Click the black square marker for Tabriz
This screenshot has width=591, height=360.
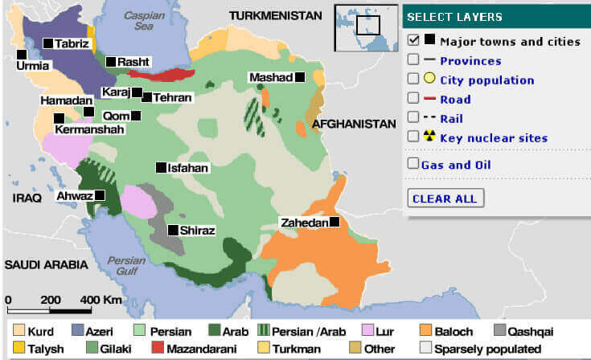(49, 42)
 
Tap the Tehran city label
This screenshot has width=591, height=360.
(173, 97)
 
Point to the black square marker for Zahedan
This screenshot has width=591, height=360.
(334, 222)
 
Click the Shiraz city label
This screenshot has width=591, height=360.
(198, 231)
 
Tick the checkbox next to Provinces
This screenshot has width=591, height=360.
(413, 59)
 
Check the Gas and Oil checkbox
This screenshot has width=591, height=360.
(413, 165)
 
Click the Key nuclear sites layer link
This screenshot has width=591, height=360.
(493, 138)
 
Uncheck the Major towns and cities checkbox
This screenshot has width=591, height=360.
(413, 40)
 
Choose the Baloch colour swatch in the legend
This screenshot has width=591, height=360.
(426, 330)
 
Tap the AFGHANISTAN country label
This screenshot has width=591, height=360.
(355, 125)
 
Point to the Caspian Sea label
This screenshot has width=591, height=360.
(137, 20)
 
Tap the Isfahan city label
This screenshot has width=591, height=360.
(188, 168)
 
